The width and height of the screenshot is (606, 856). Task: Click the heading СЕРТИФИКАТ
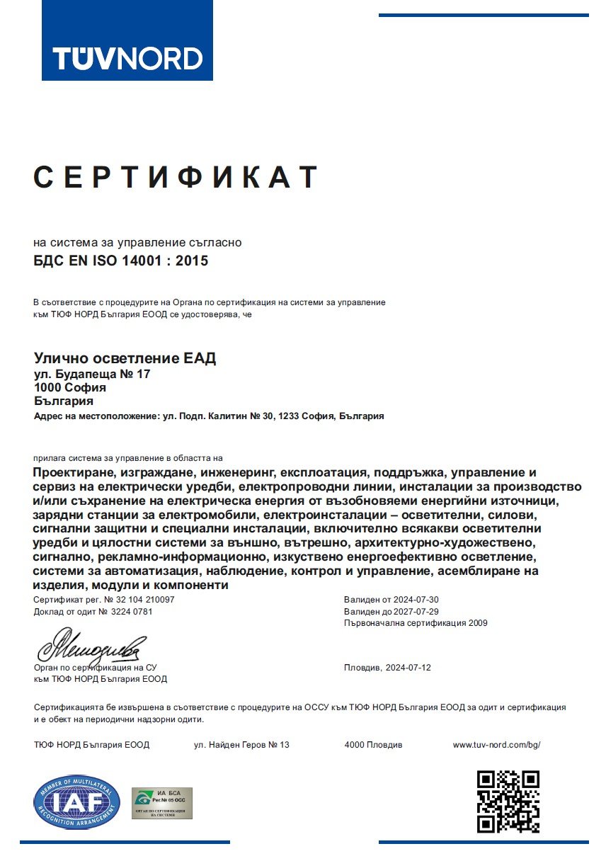click(x=176, y=177)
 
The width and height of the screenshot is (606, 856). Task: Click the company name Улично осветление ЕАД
click(x=125, y=358)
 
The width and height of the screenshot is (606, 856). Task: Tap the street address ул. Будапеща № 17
click(x=92, y=374)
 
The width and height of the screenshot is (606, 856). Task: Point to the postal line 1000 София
click(x=70, y=387)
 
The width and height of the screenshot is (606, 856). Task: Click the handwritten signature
click(x=92, y=646)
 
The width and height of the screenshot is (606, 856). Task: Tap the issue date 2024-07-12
click(x=407, y=668)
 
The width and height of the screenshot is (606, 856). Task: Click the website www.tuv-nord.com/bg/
click(x=496, y=745)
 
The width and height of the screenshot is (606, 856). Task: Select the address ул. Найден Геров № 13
click(x=241, y=745)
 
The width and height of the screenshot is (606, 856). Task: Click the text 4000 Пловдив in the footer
click(x=373, y=745)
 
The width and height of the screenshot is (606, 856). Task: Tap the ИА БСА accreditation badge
click(x=162, y=803)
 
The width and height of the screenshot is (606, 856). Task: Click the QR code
click(x=508, y=801)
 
